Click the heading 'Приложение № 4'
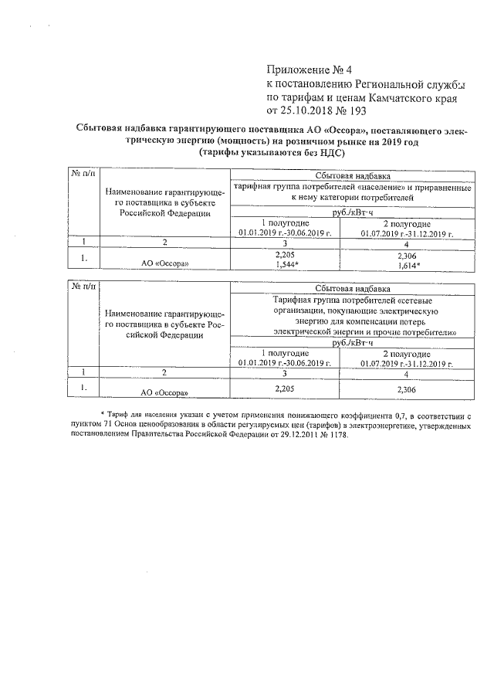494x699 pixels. [306, 70]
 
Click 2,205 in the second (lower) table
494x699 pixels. [285, 389]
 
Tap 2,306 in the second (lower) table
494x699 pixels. [406, 389]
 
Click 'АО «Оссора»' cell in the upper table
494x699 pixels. [165, 263]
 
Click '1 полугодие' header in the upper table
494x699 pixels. [285, 222]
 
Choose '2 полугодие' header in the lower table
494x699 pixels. [407, 352]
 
